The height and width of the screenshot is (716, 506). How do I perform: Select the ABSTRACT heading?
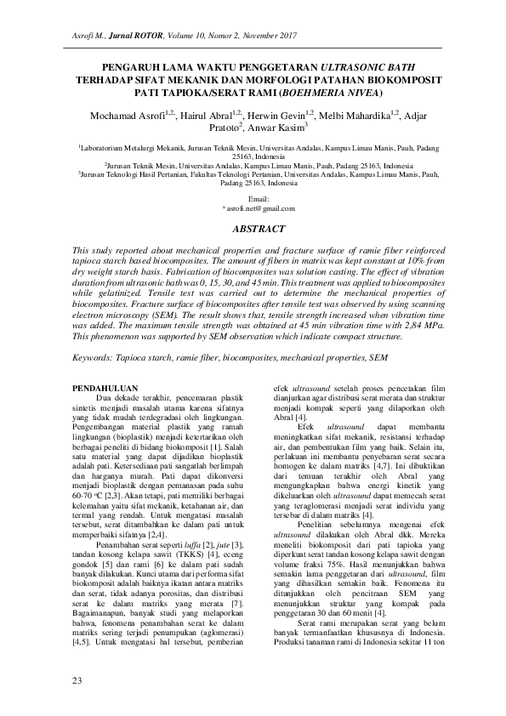coord(253,230)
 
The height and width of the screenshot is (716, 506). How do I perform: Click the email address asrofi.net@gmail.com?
coord(253,207)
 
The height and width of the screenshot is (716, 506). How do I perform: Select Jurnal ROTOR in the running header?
coord(130,35)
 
